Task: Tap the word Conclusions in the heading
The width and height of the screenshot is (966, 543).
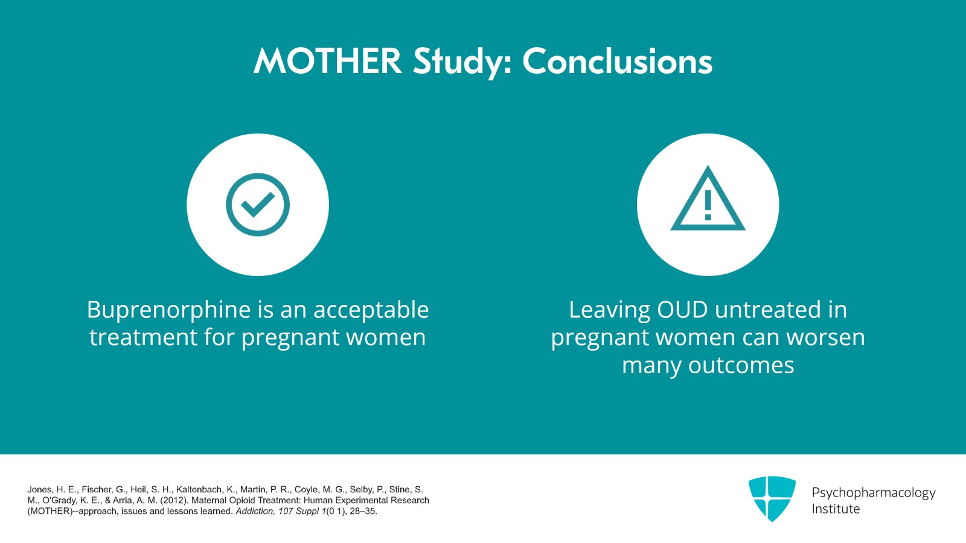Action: click(x=617, y=61)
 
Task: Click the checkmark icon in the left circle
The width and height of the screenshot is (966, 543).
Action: click(x=258, y=205)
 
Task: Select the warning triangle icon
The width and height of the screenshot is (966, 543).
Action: click(x=708, y=198)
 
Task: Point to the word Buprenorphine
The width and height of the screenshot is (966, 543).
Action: click(x=168, y=310)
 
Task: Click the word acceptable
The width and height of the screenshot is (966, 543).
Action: click(x=371, y=310)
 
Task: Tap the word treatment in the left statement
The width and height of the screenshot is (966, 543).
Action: click(x=143, y=337)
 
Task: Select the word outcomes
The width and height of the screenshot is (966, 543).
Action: click(x=741, y=365)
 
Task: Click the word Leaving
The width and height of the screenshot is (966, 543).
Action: click(x=609, y=310)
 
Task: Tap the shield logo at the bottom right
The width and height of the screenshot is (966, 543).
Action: click(x=772, y=498)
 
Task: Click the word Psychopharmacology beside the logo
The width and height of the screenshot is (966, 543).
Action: click(x=874, y=493)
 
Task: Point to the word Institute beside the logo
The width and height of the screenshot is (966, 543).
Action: click(x=836, y=509)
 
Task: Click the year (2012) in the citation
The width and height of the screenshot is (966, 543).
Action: click(x=174, y=500)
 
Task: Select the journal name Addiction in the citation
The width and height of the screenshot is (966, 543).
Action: click(x=255, y=512)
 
